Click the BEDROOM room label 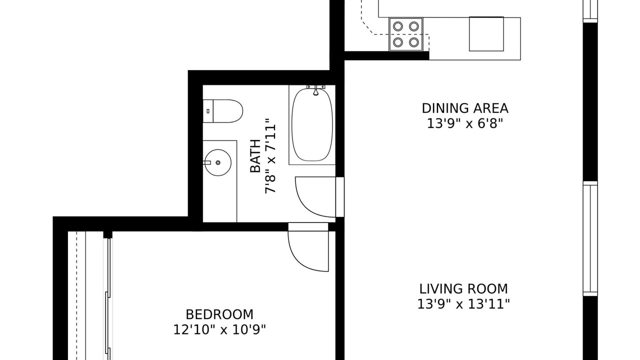[x=219, y=314]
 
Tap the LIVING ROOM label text [x=463, y=289]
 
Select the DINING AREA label [x=465, y=108]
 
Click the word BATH [x=255, y=156]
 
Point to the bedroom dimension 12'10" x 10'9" [x=219, y=329]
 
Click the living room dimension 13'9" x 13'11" [x=463, y=304]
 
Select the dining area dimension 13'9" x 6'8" [x=464, y=123]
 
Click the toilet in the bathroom [x=223, y=111]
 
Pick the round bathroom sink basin [x=218, y=162]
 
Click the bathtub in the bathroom [x=312, y=125]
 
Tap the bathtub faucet [x=315, y=90]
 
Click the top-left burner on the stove [x=397, y=26]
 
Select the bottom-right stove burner [x=413, y=42]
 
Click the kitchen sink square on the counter [x=486, y=34]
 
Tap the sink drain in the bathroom [x=218, y=162]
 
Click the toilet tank [x=208, y=111]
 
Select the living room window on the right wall [x=590, y=240]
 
